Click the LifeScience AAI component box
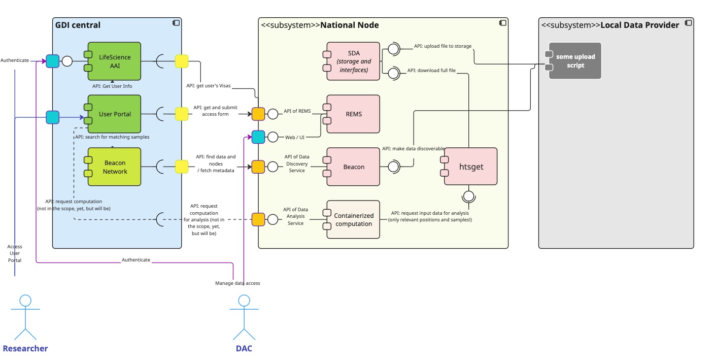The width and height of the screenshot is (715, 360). pos(114,61)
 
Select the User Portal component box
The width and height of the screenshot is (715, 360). pos(114,114)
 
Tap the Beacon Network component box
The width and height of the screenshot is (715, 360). pos(114,167)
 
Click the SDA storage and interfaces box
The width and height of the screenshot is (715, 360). pos(353,61)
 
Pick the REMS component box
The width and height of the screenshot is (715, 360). pos(353,114)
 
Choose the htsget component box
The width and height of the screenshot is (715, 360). pos(471,167)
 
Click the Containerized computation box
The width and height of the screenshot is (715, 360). pos(353,219)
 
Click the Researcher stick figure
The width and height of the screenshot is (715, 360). pos(25,317)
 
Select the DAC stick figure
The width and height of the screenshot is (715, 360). pos(244,317)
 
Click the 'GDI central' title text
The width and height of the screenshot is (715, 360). pos(78,25)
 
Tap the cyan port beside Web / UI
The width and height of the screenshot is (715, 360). pos(258,137)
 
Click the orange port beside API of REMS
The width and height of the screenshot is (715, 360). pos(258,114)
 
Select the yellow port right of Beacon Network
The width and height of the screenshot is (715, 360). pos(182,167)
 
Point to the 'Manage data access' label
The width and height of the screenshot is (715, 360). pos(237,283)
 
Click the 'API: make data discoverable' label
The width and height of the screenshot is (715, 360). pos(413,149)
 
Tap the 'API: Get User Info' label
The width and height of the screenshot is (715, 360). pos(112,86)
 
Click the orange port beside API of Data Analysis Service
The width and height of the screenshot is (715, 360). pos(258,219)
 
